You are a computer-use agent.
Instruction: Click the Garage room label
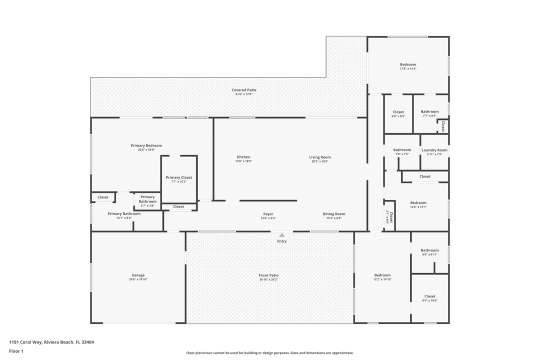[138, 275]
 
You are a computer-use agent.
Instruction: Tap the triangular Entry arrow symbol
[282, 234]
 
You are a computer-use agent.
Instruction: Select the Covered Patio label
[244, 90]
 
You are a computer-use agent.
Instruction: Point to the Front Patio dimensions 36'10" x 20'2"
[268, 279]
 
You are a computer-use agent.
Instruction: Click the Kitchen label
[243, 157]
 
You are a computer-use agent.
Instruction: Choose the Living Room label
[320, 157]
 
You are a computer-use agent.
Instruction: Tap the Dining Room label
[333, 214]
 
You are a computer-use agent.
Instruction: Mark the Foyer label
[268, 214]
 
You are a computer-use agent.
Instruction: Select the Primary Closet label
[179, 177]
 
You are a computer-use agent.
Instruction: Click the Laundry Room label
[434, 150]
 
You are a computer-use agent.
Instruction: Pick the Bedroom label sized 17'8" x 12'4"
[408, 64]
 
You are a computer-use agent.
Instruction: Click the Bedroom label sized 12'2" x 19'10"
[382, 275]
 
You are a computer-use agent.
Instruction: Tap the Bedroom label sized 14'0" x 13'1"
[418, 202]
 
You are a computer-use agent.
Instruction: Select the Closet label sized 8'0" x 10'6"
[429, 296]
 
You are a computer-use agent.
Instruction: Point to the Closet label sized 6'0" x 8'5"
[398, 112]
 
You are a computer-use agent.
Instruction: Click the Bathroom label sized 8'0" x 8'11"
[429, 250]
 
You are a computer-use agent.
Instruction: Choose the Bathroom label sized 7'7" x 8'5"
[429, 111]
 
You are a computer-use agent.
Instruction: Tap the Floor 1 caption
[16, 351]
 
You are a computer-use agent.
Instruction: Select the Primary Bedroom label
[146, 145]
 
